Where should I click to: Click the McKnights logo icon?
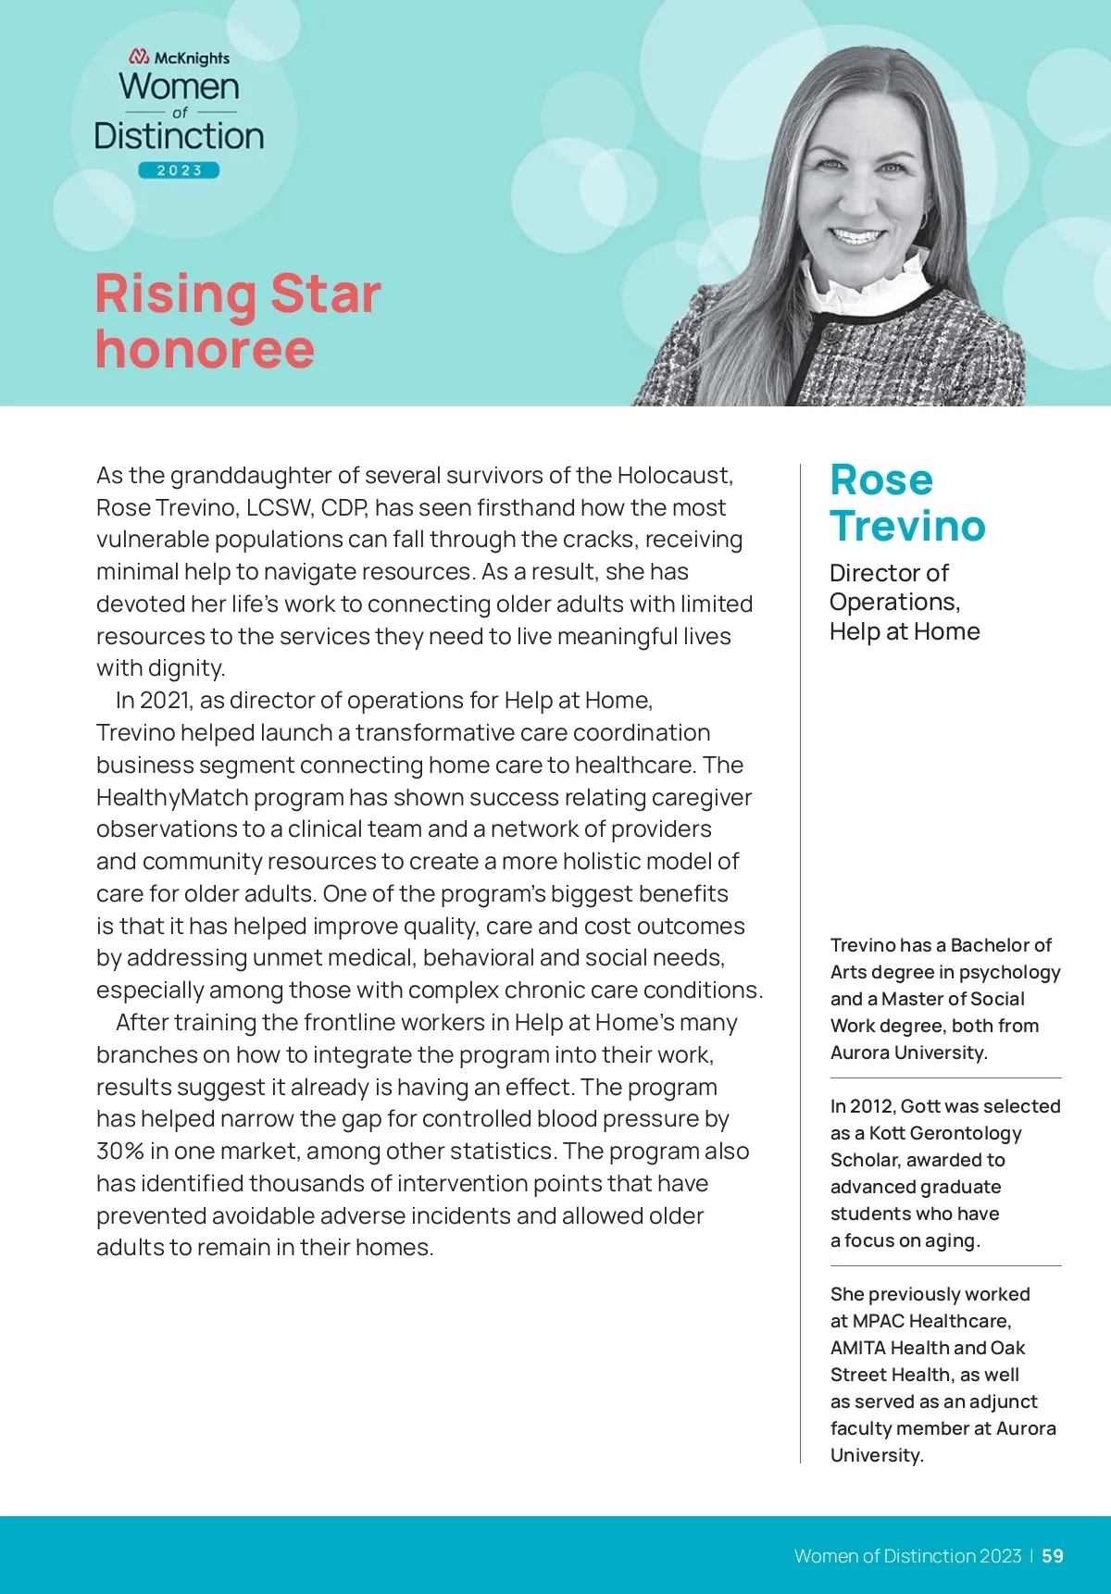point(139,57)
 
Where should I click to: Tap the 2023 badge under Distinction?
point(179,170)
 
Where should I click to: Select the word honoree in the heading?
point(205,349)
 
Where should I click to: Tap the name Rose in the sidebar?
point(881,480)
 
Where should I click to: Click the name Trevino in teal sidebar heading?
point(907,526)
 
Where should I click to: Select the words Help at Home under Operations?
point(905,631)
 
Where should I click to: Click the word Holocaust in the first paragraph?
point(675,476)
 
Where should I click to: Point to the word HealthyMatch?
point(172,797)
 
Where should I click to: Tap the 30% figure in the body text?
point(120,1151)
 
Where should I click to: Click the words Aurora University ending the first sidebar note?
point(908,1052)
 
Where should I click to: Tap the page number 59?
point(1053,1556)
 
